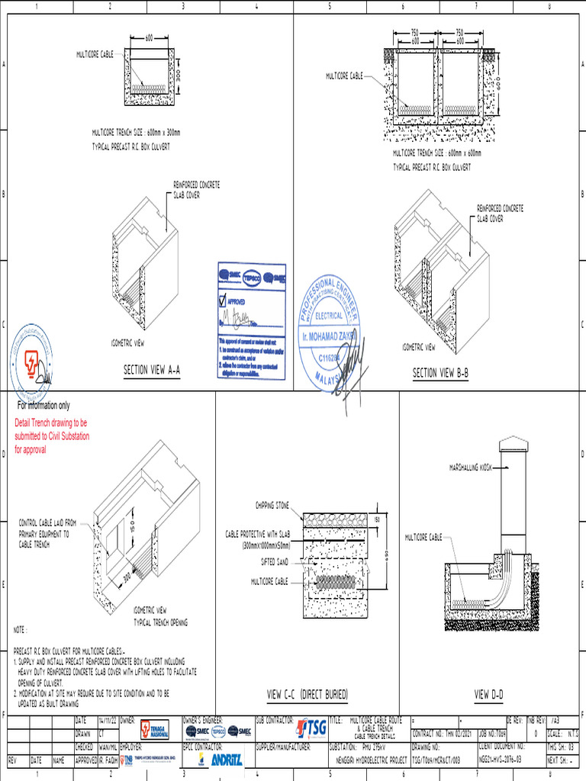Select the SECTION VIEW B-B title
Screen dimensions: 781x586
coord(440,373)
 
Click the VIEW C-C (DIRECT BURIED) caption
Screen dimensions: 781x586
coord(307,695)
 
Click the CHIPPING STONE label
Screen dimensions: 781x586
coord(272,505)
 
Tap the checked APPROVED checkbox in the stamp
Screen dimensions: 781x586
coord(223,300)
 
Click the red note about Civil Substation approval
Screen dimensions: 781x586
coord(51,435)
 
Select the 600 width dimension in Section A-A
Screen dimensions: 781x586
coord(149,37)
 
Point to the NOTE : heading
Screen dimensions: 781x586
coord(21,630)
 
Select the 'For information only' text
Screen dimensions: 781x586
coord(43,406)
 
